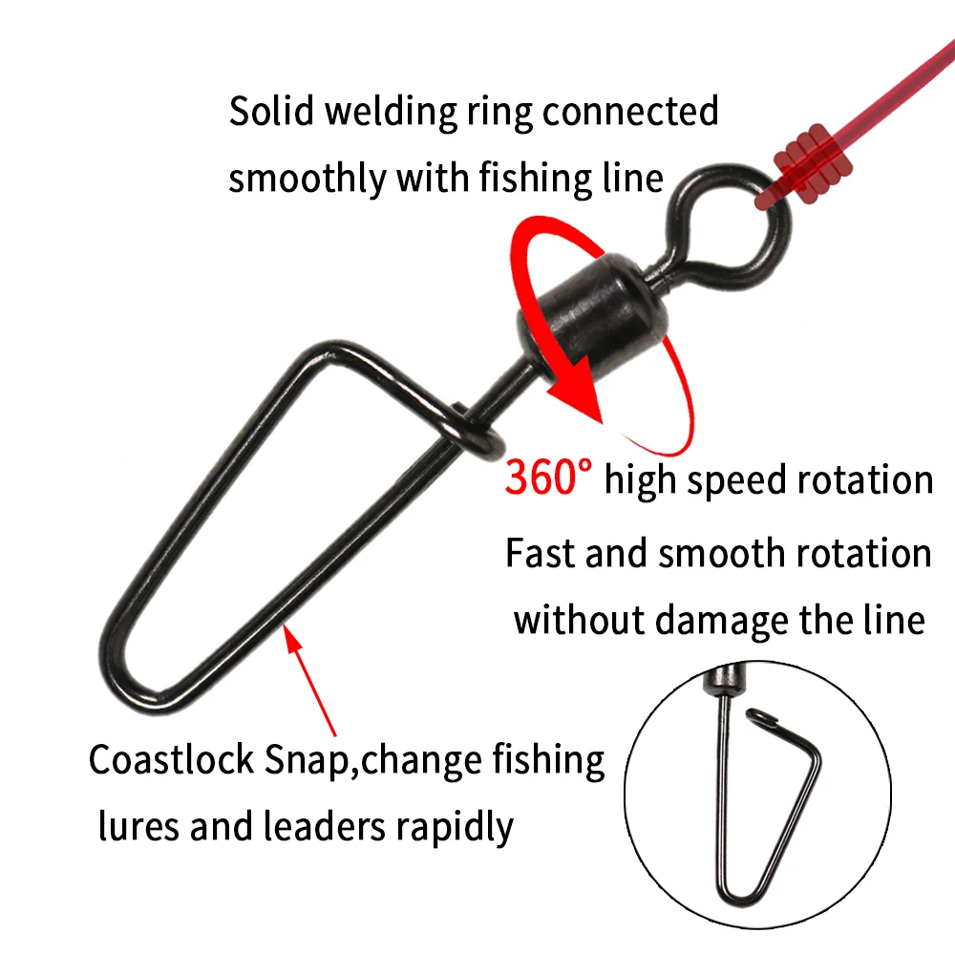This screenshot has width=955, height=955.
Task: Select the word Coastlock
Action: point(171,759)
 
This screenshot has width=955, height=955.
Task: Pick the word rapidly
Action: point(455,829)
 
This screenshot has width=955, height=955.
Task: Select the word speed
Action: point(736,482)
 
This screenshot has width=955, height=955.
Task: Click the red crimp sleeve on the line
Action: point(813,164)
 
